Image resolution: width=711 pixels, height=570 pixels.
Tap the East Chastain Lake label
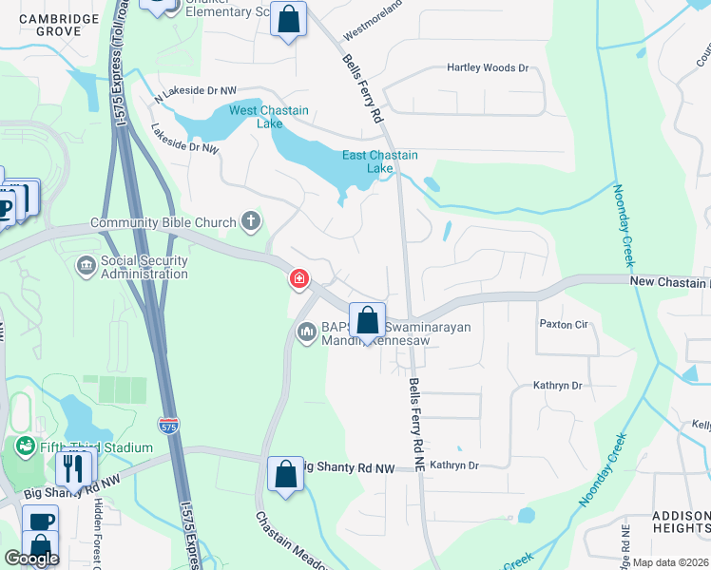click(380, 161)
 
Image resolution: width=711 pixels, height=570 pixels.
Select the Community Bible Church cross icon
click(251, 222)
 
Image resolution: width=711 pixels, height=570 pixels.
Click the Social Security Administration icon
click(86, 263)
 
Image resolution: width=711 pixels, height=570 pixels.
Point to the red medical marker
click(298, 278)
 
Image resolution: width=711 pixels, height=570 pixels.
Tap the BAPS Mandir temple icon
click(306, 332)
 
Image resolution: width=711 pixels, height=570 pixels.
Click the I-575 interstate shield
click(168, 426)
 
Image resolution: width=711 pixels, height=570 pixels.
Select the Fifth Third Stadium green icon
click(25, 446)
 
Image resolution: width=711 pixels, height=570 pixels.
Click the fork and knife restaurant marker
click(73, 466)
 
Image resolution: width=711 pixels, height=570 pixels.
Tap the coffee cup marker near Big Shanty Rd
click(40, 522)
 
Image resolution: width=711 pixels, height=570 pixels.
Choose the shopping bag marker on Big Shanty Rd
click(285, 474)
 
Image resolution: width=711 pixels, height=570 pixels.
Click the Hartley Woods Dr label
click(488, 68)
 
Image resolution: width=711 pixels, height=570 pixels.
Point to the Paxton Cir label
click(565, 324)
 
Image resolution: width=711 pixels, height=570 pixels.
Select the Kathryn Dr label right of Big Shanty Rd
click(453, 465)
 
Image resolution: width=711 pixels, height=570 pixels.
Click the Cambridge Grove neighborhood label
click(59, 25)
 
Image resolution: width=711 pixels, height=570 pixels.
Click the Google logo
click(31, 558)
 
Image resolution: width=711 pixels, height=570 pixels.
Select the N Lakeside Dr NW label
click(195, 90)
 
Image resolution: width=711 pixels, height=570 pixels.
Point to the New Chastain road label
click(669, 282)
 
